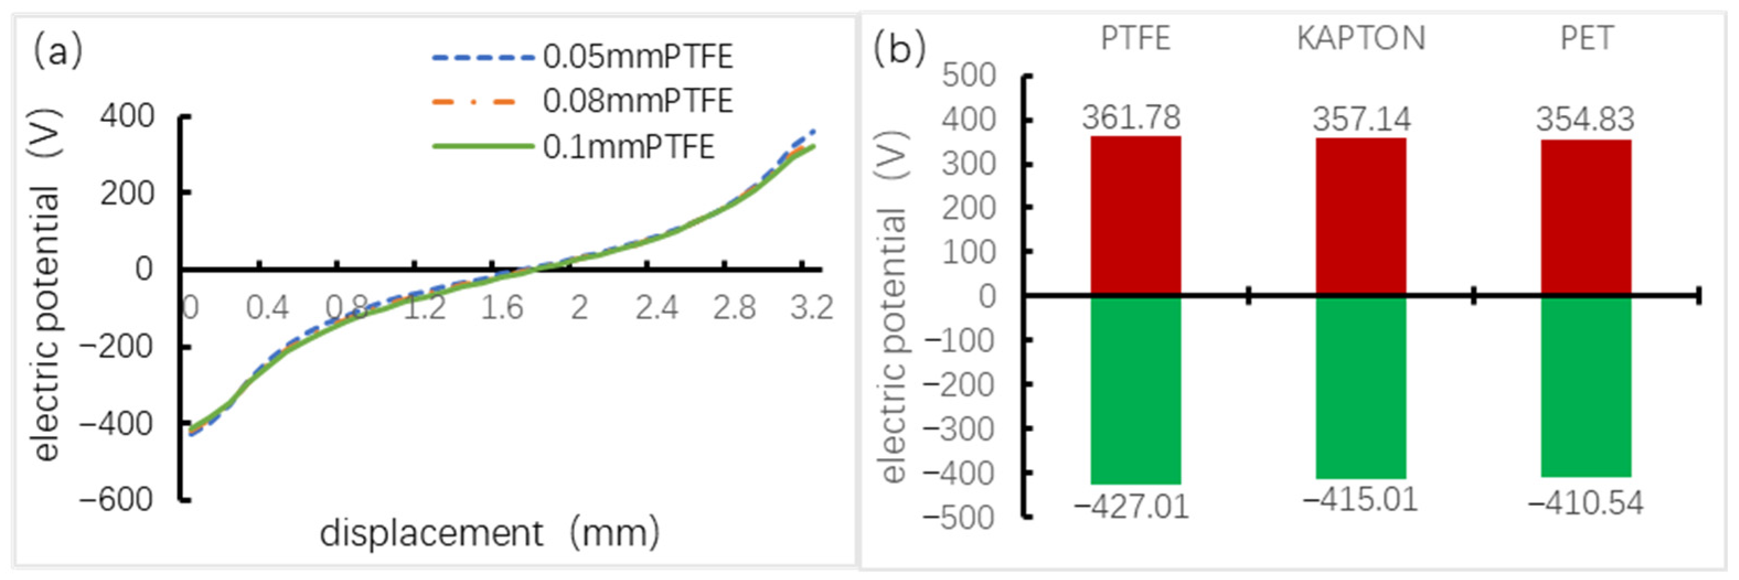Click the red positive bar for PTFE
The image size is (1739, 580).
click(1136, 216)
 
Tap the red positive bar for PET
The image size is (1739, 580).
click(1586, 217)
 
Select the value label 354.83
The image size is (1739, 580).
click(1585, 120)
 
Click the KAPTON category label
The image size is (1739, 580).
click(1361, 38)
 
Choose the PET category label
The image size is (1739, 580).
click(1586, 38)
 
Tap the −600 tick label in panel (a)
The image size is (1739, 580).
click(116, 500)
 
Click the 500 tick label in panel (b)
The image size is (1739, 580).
click(969, 76)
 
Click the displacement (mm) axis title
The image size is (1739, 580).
click(489, 533)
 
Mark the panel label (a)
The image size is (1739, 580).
click(58, 51)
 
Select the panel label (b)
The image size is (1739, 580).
click(898, 49)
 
